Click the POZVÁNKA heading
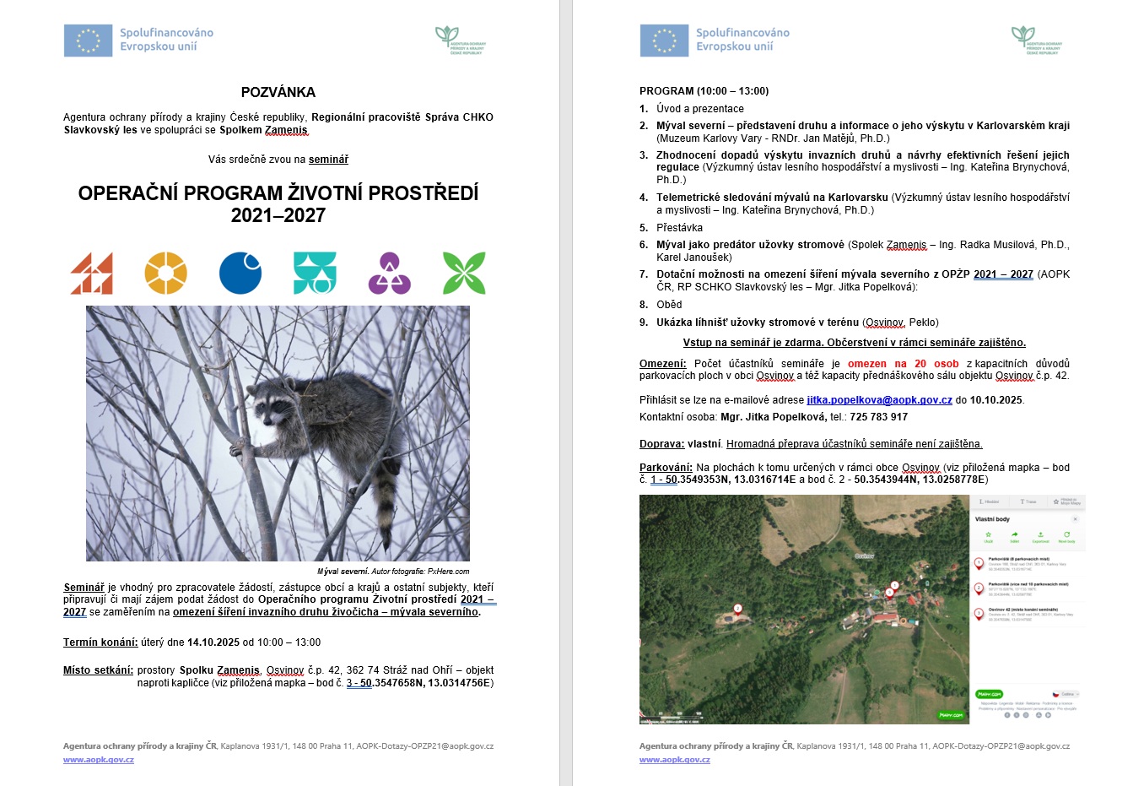point(278,92)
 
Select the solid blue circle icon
point(240,273)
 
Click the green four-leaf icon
point(464,273)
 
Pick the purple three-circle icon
point(390,273)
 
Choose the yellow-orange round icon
point(165,273)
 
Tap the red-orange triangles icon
point(92,273)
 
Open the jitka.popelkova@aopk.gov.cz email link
point(879,400)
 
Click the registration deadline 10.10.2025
point(995,400)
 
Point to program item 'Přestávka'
point(679,228)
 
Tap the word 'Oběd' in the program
point(669,305)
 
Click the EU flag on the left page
point(88,41)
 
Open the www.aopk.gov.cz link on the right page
point(674,760)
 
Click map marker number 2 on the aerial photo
point(737,608)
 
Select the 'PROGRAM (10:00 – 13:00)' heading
point(704,91)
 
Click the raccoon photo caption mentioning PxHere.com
point(393,572)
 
